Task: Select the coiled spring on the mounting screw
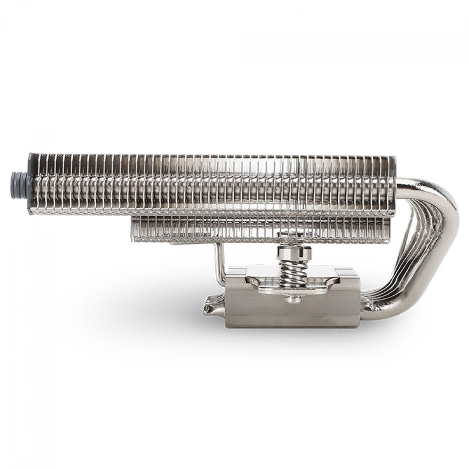(288, 269)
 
